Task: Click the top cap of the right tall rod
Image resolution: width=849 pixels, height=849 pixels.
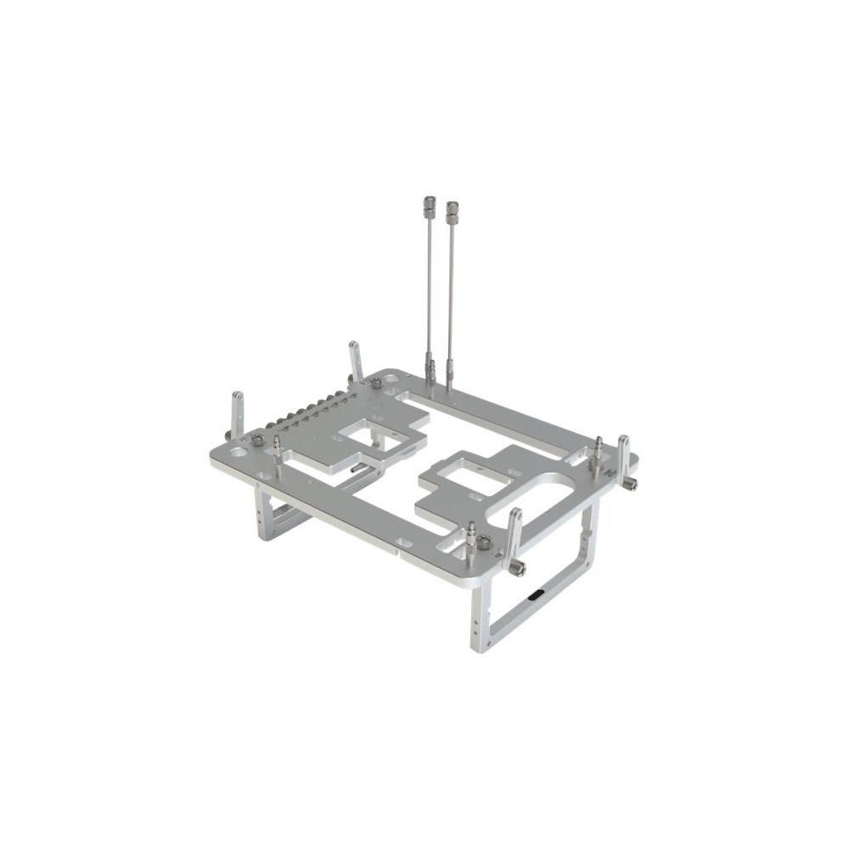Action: click(452, 208)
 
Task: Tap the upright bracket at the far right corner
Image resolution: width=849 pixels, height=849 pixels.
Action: click(624, 458)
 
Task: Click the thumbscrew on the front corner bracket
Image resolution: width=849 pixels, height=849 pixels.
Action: click(520, 565)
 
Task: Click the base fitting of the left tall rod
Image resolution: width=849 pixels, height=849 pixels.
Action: click(431, 372)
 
